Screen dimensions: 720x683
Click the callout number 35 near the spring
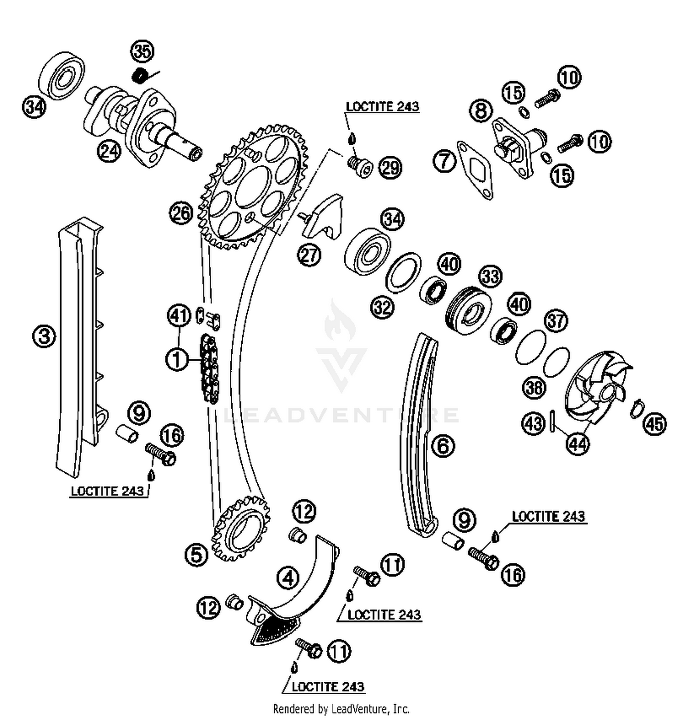[x=143, y=51]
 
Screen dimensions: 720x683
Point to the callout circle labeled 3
[x=44, y=337]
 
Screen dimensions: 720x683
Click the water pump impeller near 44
[x=596, y=387]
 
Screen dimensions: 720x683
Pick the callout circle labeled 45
[x=655, y=424]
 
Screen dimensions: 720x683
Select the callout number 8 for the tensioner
[x=481, y=111]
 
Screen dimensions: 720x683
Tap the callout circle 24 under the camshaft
[x=109, y=151]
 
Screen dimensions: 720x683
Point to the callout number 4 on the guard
[x=288, y=578]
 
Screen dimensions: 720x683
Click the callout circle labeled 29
[x=390, y=168]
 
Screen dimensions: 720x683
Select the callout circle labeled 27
[x=309, y=255]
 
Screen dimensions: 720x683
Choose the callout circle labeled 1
[x=177, y=359]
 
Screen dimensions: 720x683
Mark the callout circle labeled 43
[x=533, y=424]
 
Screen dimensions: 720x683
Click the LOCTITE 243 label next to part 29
[x=382, y=107]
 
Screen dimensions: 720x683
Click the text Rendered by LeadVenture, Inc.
[x=341, y=709]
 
